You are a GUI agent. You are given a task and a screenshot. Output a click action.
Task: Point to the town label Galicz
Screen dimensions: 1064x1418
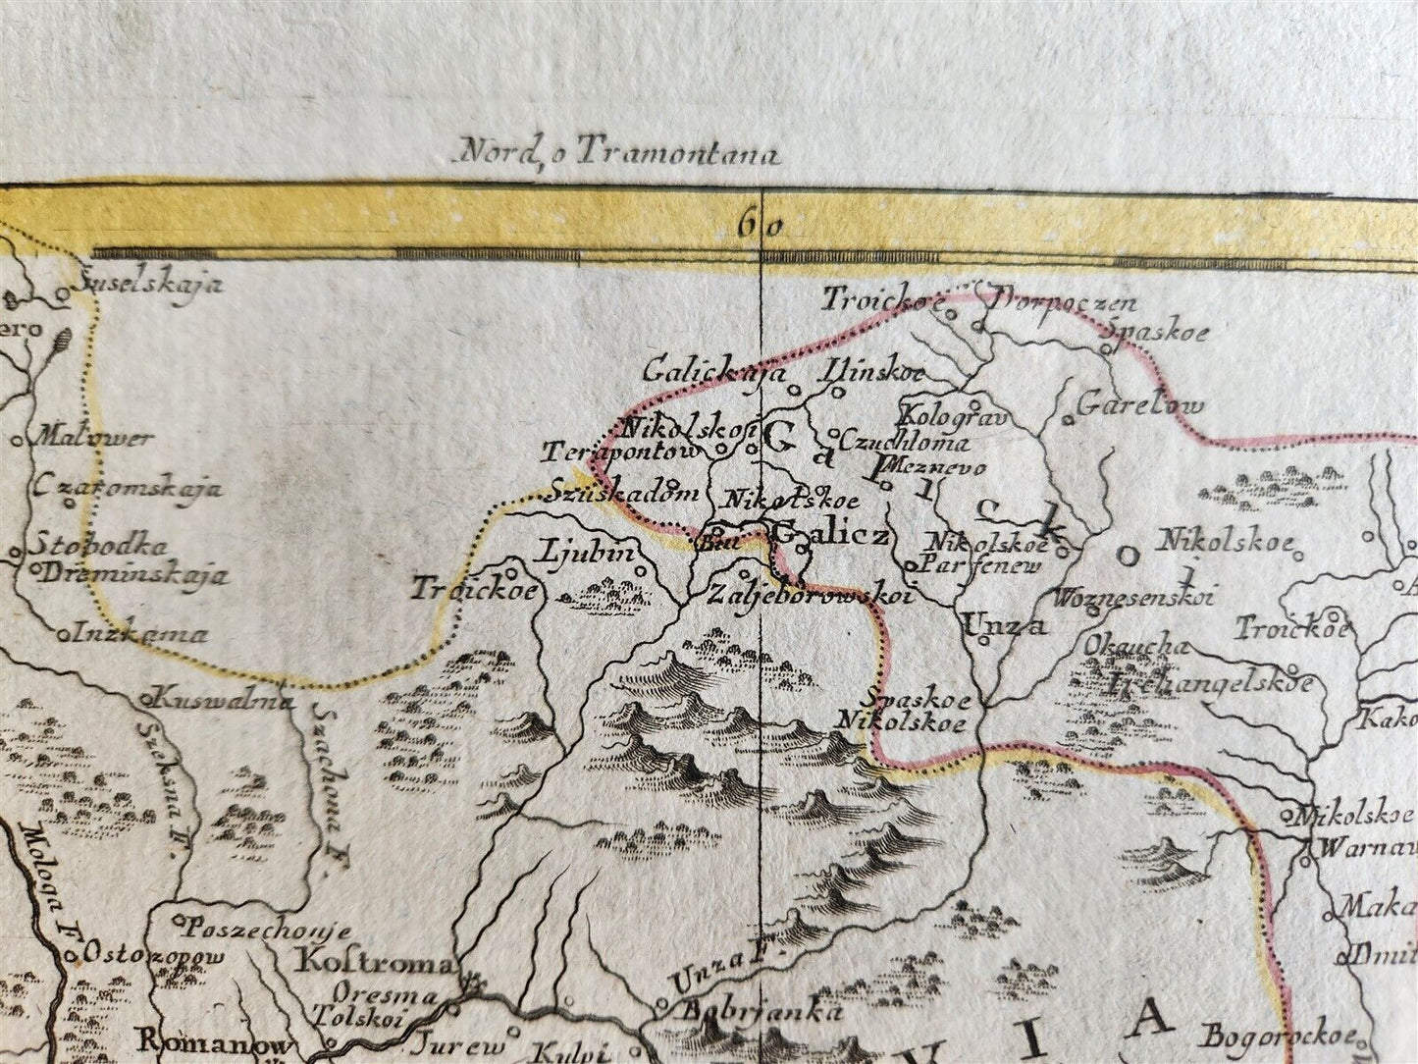832,535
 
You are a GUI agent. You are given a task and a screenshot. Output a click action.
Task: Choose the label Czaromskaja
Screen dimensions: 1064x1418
128,487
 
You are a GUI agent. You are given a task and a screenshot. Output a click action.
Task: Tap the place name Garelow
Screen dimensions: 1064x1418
1139,403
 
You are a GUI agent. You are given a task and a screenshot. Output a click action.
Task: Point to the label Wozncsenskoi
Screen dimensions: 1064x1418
1133,596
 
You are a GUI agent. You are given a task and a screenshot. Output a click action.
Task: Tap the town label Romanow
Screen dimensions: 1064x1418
212,1042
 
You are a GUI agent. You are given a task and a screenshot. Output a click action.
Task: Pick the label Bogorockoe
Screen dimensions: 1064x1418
1281,1036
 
